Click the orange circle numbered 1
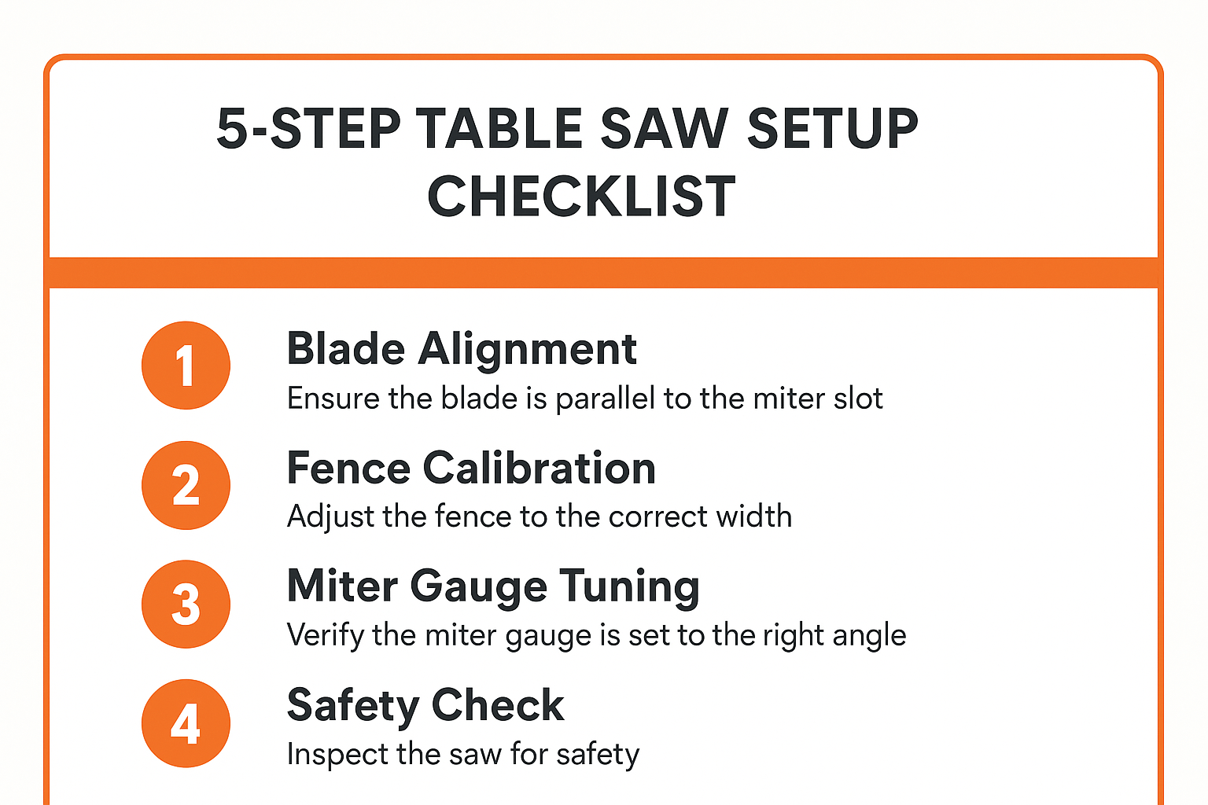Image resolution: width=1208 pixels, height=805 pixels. pos(186,366)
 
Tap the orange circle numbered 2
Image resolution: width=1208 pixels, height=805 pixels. pos(186,485)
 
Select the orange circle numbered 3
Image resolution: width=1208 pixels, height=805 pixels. pos(186,604)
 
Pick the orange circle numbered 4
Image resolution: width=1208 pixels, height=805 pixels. pos(186,723)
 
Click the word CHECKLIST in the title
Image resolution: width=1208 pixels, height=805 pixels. pos(581,197)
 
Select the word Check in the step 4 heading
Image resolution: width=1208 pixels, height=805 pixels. pos(497,705)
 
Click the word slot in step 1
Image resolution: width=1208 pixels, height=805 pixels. pos(858,399)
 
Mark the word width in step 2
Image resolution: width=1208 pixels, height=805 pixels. pos(755,516)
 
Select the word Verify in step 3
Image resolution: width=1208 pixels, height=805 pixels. pos(325,635)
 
